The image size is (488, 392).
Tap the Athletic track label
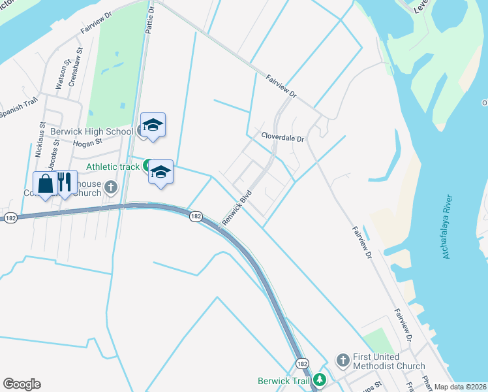click(x=112, y=167)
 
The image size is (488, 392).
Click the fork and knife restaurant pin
click(x=64, y=182)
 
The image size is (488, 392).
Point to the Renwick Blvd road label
click(x=237, y=208)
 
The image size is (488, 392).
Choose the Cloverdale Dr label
click(x=283, y=139)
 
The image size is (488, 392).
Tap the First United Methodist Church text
click(x=389, y=361)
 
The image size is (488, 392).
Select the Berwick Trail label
click(x=284, y=380)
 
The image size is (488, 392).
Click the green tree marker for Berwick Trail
click(x=320, y=379)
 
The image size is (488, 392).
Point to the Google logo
click(x=22, y=384)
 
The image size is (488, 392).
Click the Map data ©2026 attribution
click(x=461, y=387)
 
